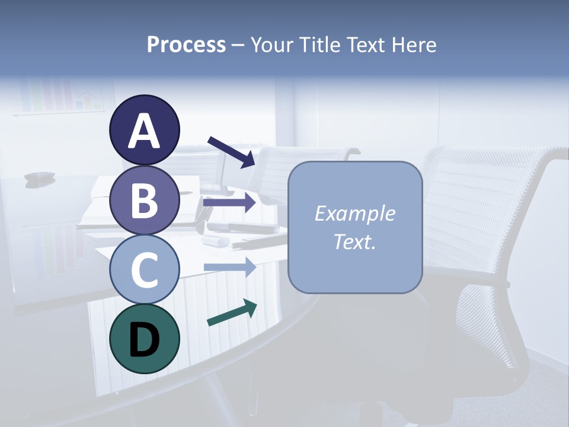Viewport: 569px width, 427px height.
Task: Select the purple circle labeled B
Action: pos(144,200)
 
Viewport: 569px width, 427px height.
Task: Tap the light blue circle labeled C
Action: pos(144,269)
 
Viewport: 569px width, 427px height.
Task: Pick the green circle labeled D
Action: pos(144,339)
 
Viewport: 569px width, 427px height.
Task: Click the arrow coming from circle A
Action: pos(231,152)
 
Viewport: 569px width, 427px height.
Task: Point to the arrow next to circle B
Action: pos(229,203)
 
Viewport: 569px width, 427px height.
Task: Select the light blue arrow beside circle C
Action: pos(229,267)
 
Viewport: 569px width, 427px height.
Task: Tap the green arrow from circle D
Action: pos(232,313)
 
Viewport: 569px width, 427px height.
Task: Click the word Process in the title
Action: pos(186,44)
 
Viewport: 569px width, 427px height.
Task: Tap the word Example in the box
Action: pos(354,213)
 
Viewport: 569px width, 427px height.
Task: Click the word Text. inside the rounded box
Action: pos(354,242)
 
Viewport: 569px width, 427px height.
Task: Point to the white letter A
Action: pos(144,131)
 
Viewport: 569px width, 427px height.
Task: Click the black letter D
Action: pos(144,340)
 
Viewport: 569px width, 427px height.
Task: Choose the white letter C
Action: pos(144,270)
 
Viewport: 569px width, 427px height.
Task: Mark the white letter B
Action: pos(144,200)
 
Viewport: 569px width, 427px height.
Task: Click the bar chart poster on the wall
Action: pos(59,95)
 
